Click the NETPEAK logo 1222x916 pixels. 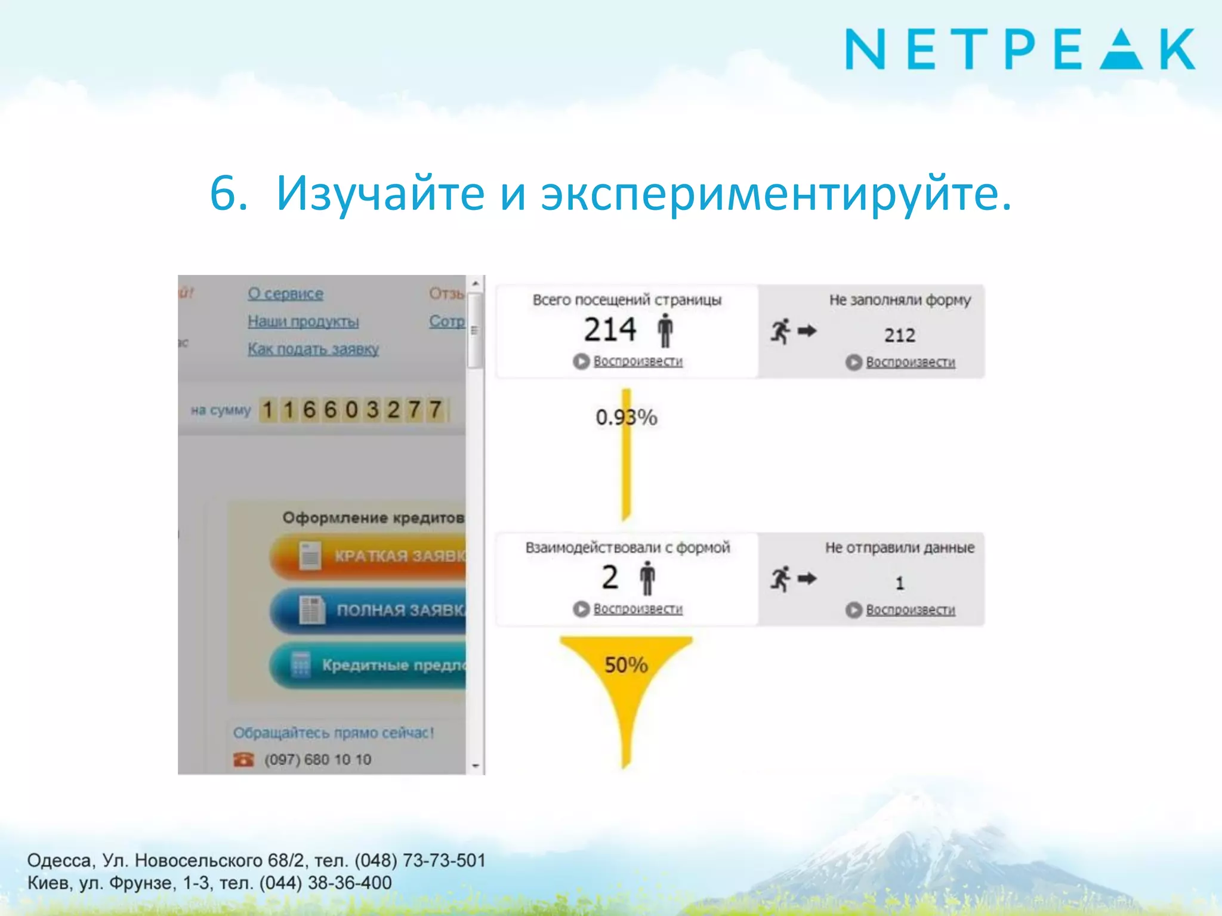tap(1020, 49)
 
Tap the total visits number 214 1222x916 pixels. tap(610, 330)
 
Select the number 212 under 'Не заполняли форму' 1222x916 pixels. tap(899, 335)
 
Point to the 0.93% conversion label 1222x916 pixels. tap(626, 417)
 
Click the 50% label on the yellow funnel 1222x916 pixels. tap(626, 665)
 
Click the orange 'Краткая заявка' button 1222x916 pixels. tap(370, 556)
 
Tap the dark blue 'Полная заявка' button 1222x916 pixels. tap(370, 610)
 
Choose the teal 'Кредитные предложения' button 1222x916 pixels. tap(370, 665)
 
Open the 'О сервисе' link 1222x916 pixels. tap(285, 293)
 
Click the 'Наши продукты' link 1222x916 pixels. tap(303, 321)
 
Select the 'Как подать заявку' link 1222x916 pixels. tap(313, 349)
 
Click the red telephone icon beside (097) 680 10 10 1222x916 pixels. tap(243, 759)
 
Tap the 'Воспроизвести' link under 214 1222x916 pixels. tap(638, 361)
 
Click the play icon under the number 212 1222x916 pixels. tap(854, 362)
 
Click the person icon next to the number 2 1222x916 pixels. tap(647, 578)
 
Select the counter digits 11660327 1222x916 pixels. tap(352, 410)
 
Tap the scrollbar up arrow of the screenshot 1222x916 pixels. tap(476, 284)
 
